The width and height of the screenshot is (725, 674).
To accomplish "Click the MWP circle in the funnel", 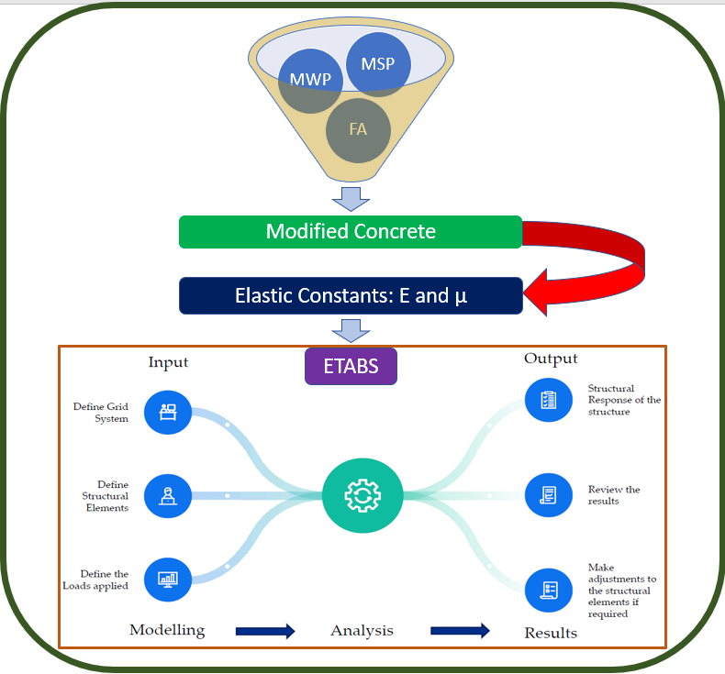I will point(310,81).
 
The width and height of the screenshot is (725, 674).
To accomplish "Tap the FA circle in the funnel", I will point(358,128).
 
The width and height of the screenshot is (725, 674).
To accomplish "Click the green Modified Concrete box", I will point(351,232).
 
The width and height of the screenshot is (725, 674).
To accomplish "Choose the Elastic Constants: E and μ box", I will point(351,296).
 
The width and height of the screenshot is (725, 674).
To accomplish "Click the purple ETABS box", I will point(351,367).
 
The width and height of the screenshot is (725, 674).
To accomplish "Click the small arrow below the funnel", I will point(351,196).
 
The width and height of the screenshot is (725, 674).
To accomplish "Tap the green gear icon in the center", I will point(362,496).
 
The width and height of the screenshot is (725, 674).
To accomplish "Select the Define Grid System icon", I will point(168,412).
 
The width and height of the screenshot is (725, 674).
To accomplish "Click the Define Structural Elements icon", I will point(168,496).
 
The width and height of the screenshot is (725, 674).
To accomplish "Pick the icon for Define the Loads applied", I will point(168,580).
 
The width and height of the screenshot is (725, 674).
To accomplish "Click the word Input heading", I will point(168,362).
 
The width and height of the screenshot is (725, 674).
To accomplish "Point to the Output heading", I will point(551,358).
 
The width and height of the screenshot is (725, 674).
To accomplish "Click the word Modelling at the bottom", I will point(167,630).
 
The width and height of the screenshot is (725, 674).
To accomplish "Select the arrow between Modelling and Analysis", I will point(265,631).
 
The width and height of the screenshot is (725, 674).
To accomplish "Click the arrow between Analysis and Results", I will point(460,631).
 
